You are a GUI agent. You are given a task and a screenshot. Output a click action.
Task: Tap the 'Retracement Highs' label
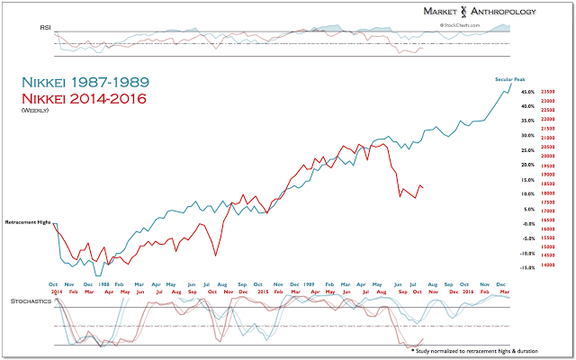27,221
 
